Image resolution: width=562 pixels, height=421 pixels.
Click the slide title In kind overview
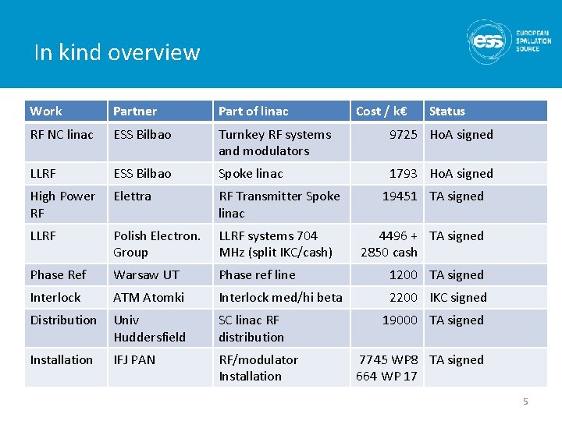[117, 52]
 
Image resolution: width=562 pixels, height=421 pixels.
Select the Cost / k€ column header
[385, 111]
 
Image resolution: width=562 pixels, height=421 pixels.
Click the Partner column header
[135, 111]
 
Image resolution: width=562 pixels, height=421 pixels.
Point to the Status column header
[446, 111]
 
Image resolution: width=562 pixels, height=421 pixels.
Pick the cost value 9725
[403, 134]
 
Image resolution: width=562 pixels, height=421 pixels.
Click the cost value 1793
[403, 173]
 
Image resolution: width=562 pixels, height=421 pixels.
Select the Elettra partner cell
[133, 196]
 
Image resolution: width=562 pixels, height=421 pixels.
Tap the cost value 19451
[399, 196]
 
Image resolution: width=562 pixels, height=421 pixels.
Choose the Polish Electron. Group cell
[157, 244]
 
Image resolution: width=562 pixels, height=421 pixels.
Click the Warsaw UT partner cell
[146, 274]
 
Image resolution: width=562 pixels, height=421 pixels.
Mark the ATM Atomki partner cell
[148, 297]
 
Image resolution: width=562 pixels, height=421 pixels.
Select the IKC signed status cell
[458, 297]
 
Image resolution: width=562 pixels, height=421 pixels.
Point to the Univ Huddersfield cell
[150, 328]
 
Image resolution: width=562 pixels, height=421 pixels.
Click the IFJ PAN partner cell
[134, 359]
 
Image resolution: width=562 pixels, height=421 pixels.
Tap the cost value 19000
[399, 320]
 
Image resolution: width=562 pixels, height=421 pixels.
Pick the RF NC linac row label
[62, 134]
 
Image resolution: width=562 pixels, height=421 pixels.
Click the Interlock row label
[55, 297]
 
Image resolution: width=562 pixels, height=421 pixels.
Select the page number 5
[525, 402]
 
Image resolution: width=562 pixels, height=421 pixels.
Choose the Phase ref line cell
[257, 274]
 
